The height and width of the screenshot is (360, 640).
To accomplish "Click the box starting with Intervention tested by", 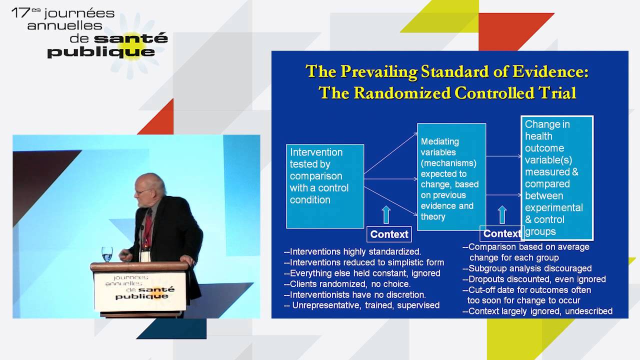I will pyautogui.click(x=324, y=186).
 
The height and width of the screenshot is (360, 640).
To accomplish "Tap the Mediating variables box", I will pyautogui.click(x=451, y=176).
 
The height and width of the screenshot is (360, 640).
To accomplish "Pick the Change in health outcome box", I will pyautogui.click(x=556, y=177).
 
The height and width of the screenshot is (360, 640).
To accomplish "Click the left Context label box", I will pyautogui.click(x=389, y=234).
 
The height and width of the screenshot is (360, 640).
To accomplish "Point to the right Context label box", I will pyautogui.click(x=501, y=233).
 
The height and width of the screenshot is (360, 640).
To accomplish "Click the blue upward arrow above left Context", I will pyautogui.click(x=386, y=214).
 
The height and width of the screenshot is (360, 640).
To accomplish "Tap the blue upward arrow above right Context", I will pyautogui.click(x=502, y=214).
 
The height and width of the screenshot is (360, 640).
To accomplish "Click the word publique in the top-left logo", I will pyautogui.click(x=101, y=51).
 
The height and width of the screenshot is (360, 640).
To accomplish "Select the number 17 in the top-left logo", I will pyautogui.click(x=20, y=13).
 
